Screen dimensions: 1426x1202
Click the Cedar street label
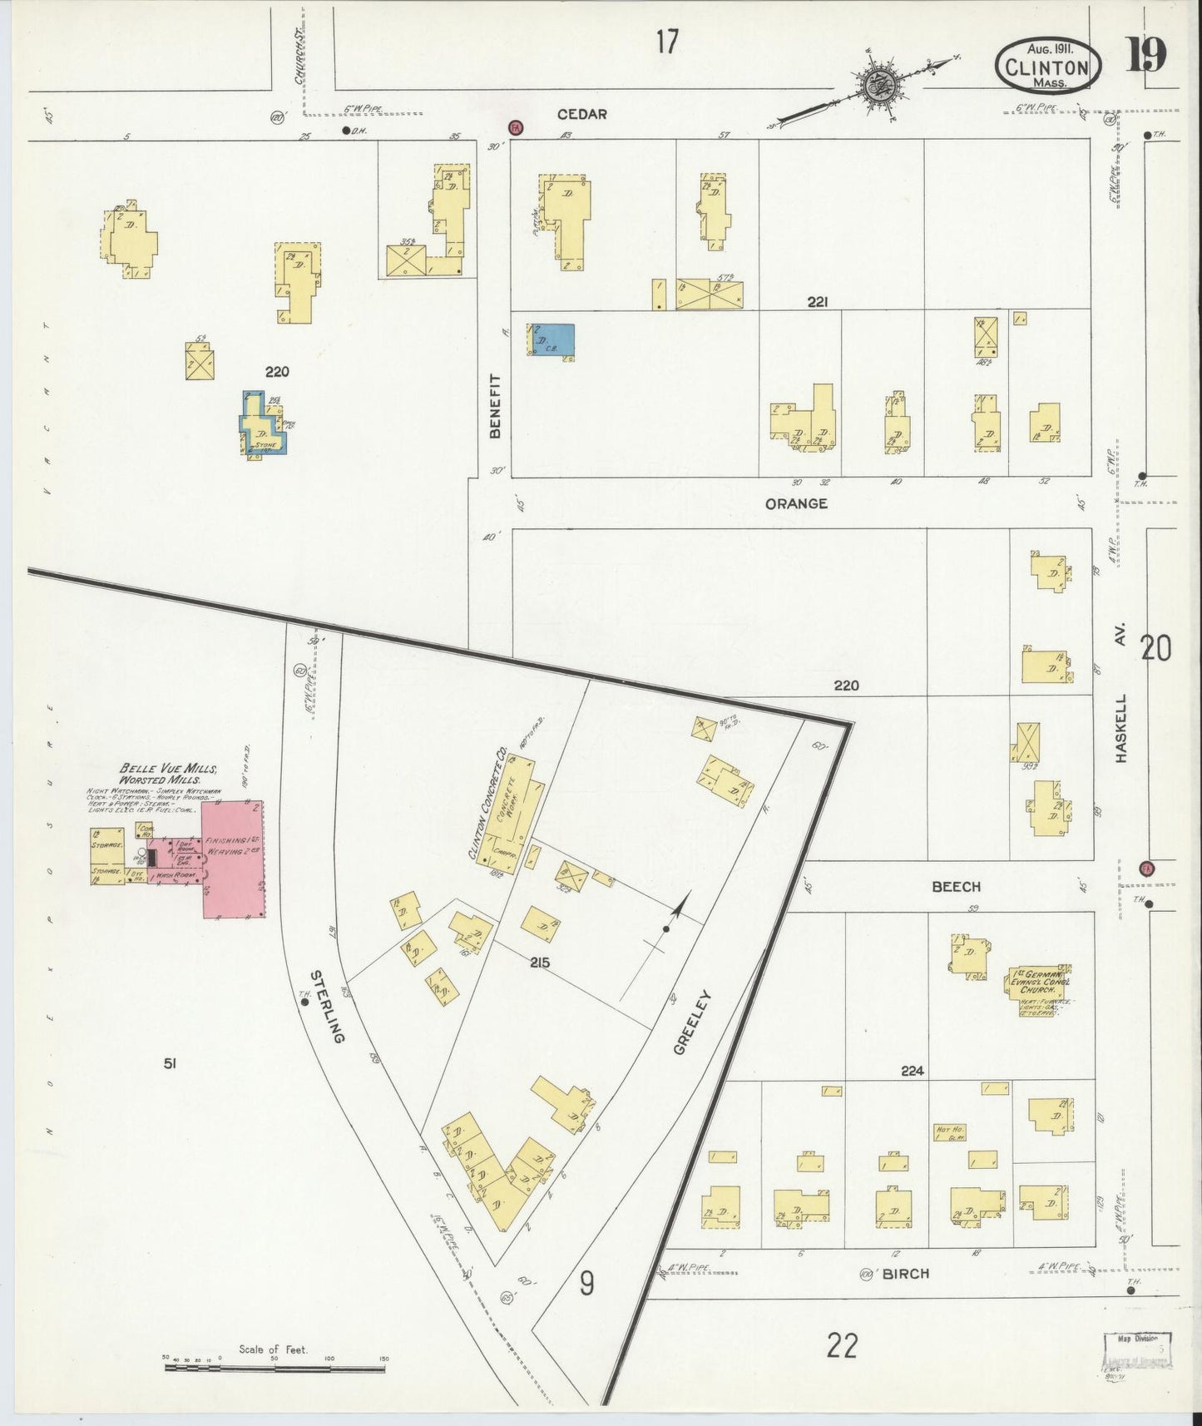(x=581, y=114)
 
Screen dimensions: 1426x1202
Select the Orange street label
(x=796, y=503)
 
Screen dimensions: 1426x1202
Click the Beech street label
(x=956, y=887)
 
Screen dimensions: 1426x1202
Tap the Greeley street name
(x=691, y=1022)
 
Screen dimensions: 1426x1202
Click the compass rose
(x=877, y=83)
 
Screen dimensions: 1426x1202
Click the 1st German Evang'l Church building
(x=1040, y=990)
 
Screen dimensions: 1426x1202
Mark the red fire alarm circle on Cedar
(x=516, y=127)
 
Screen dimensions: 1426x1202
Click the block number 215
(x=539, y=963)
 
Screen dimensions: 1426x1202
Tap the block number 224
(x=913, y=1072)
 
